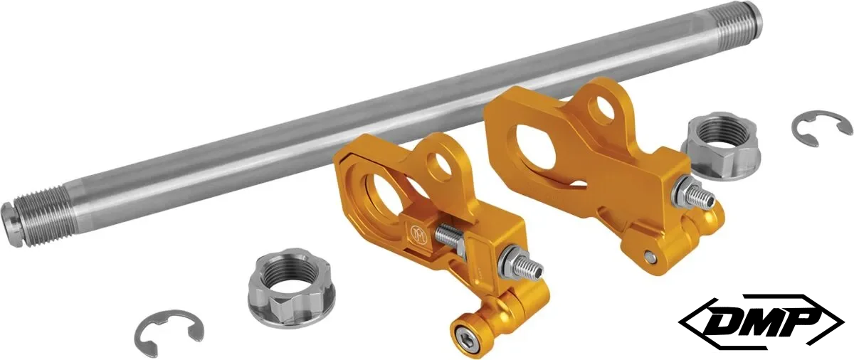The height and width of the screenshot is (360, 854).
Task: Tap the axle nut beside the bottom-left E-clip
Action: pyautogui.click(x=291, y=284)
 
